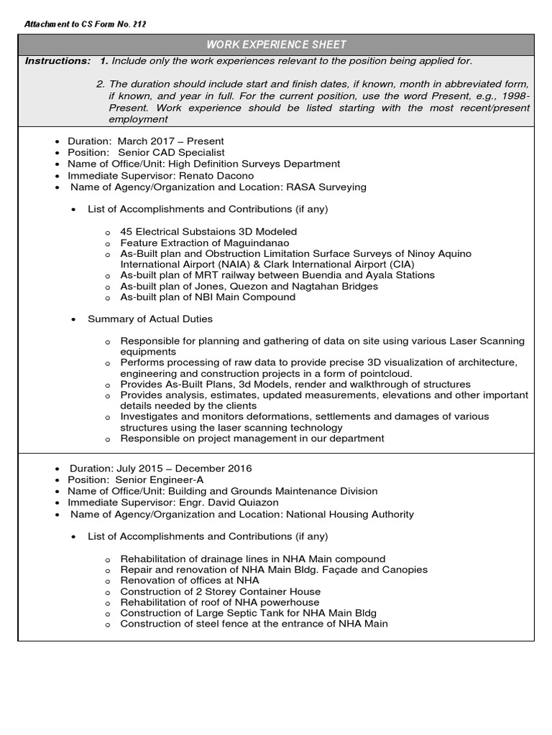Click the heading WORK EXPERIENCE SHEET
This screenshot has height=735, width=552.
pyautogui.click(x=276, y=45)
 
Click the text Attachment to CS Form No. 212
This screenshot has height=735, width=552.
pyautogui.click(x=86, y=24)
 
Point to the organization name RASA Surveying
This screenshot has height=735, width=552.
pyautogui.click(x=327, y=187)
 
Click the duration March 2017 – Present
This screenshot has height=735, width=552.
pyautogui.click(x=166, y=141)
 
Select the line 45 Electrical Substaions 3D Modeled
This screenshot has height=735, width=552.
pyautogui.click(x=208, y=232)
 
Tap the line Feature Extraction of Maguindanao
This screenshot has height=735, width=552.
pyautogui.click(x=201, y=243)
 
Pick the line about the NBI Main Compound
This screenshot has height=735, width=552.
pyautogui.click(x=208, y=297)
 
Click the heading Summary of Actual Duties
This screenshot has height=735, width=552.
pyautogui.click(x=149, y=319)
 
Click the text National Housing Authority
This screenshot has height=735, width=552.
pyautogui.click(x=350, y=514)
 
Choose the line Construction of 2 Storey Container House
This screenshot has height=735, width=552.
pyautogui.click(x=221, y=591)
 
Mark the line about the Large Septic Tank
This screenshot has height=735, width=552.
pyautogui.click(x=248, y=613)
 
